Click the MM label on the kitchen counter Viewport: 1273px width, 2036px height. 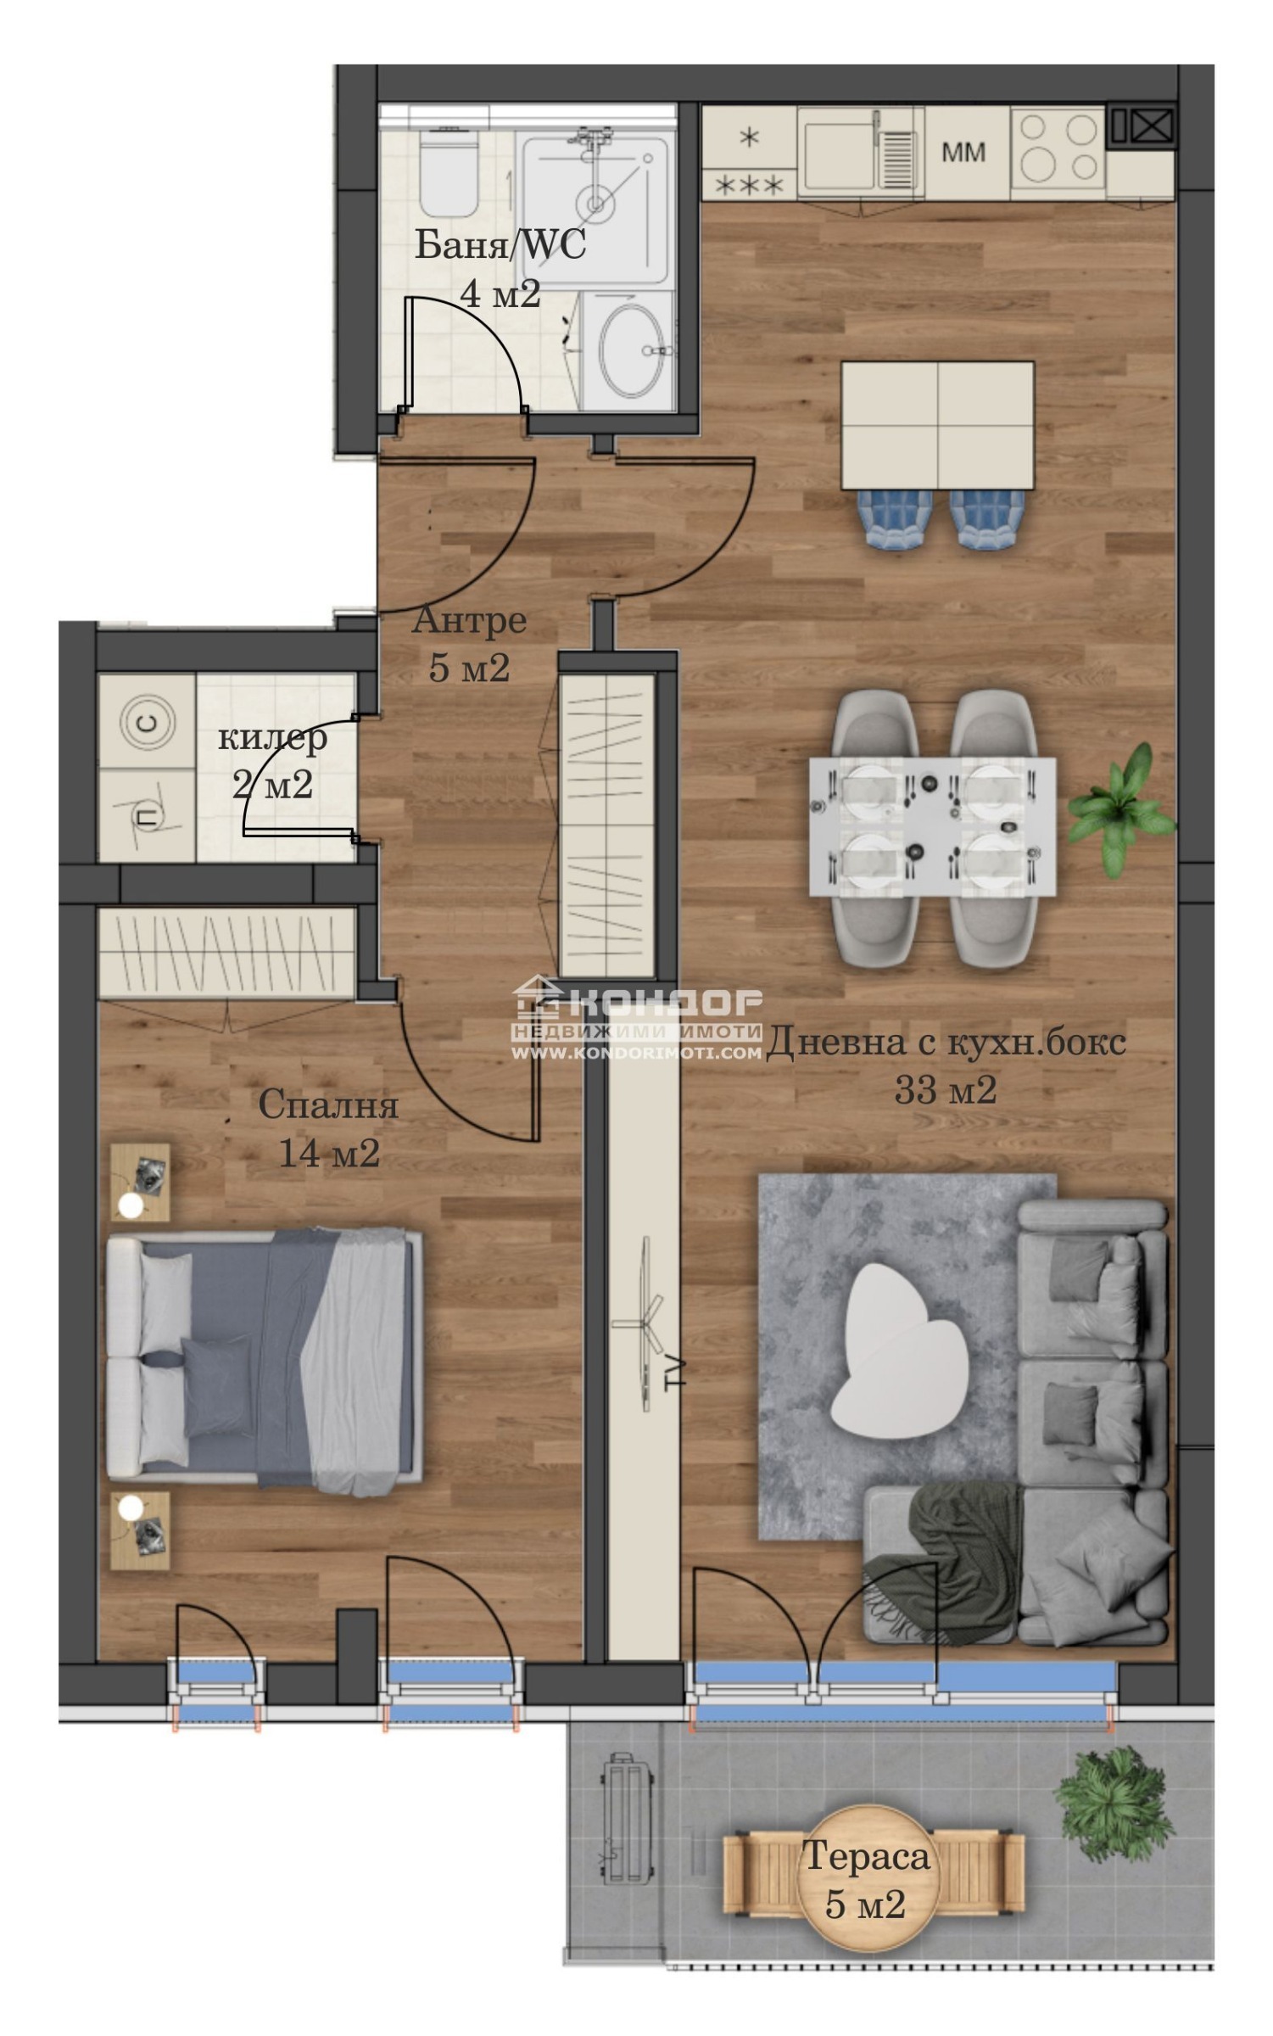[963, 153]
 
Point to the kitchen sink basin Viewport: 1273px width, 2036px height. [840, 156]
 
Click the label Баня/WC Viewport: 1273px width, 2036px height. [500, 245]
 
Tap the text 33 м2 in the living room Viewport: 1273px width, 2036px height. [946, 1089]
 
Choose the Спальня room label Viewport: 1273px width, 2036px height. [328, 1105]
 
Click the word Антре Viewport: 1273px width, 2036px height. [469, 621]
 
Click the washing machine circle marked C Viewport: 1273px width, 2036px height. [148, 723]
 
